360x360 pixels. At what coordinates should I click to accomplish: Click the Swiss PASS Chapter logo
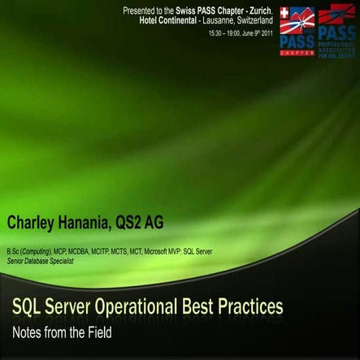(x=297, y=32)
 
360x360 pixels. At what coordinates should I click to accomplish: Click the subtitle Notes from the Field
(x=60, y=332)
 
